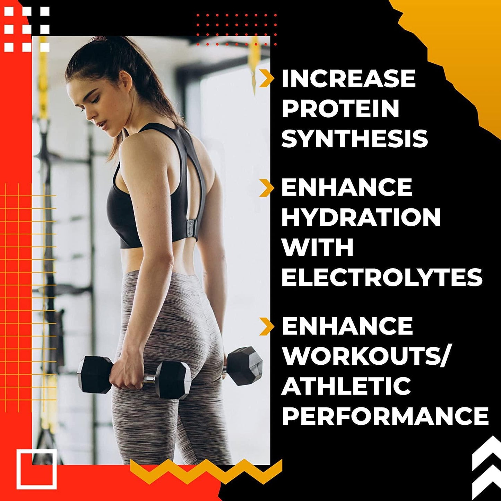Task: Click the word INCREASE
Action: point(348,79)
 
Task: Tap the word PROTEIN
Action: point(340,109)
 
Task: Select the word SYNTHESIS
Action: point(354,139)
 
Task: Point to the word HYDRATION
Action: point(361,217)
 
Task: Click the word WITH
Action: point(317,247)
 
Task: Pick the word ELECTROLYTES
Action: point(382,277)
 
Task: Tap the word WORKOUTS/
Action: point(366,356)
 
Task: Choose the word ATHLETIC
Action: point(346,386)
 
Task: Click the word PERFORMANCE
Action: point(385,416)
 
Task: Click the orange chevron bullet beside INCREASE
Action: point(266,78)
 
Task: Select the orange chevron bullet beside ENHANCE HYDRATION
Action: point(266,188)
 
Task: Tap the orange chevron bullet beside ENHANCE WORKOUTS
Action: point(266,326)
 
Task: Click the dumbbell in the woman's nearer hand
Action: point(133,376)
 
